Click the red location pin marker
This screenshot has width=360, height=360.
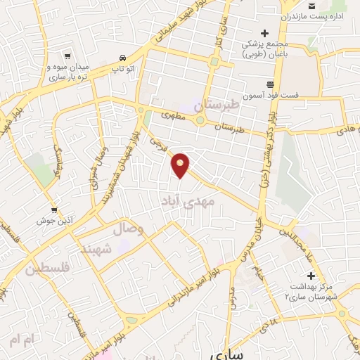coord(181,165)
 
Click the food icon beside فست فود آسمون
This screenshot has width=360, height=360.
coord(270,85)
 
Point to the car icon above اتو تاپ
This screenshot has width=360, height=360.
coord(123,58)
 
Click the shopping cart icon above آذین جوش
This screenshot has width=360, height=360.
coord(54,210)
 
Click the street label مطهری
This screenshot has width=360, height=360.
coord(172,115)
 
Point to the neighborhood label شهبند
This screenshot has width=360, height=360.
coord(96,250)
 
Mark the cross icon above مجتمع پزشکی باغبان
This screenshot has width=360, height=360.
coord(264,33)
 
